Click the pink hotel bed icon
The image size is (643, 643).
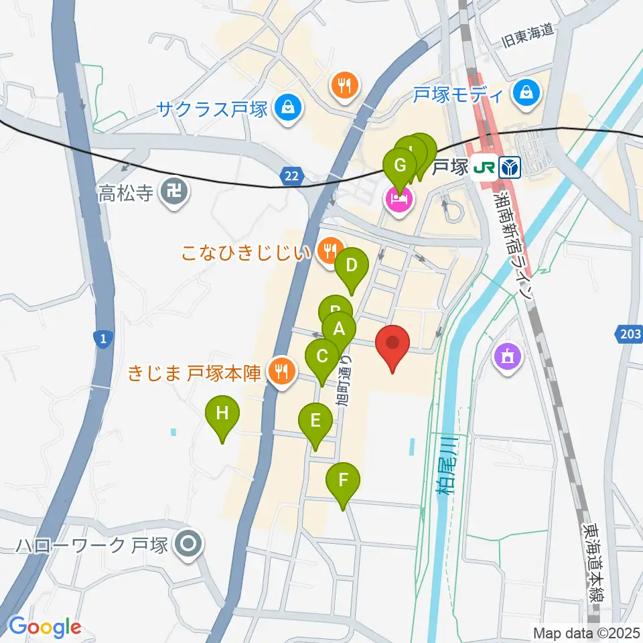pyautogui.click(x=399, y=200)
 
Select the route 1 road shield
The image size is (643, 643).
pyautogui.click(x=101, y=340)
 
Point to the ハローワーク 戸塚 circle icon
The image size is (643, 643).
pyautogui.click(x=188, y=545)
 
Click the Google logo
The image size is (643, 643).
pyautogui.click(x=45, y=627)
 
